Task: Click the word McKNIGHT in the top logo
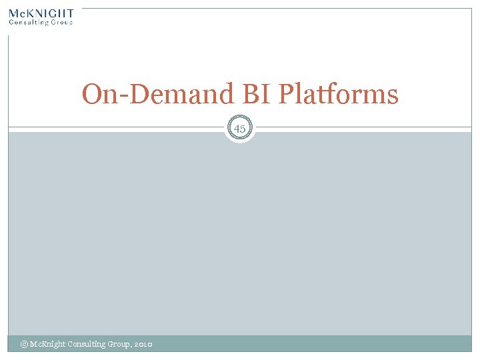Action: click(41, 13)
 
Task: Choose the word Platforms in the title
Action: click(338, 94)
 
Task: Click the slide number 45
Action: click(240, 128)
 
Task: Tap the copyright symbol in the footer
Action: click(24, 344)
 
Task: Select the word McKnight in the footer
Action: click(46, 344)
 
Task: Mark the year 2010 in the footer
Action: click(143, 344)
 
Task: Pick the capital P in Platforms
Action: click(285, 95)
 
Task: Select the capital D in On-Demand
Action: click(139, 95)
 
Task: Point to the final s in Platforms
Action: click(393, 97)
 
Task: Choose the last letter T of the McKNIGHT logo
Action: click(69, 13)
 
